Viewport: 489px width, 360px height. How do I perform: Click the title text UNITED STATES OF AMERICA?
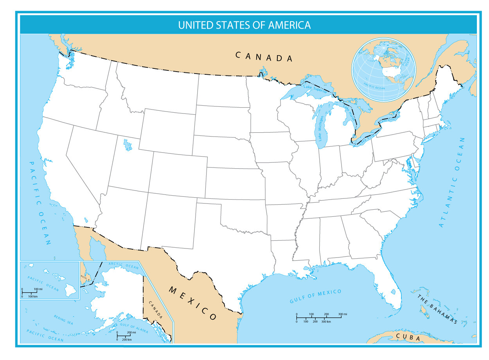[x=244, y=25]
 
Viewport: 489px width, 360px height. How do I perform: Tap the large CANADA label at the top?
[x=264, y=57]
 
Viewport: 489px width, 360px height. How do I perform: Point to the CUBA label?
[x=408, y=337]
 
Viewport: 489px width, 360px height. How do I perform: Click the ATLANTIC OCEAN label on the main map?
[x=453, y=182]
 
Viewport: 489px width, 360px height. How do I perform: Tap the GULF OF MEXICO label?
[x=315, y=297]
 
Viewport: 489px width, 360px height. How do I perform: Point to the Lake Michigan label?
[x=321, y=128]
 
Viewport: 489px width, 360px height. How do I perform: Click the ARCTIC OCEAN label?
[x=124, y=265]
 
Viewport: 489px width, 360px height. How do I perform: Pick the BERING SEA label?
[x=63, y=320]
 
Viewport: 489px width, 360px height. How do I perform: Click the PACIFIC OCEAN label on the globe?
[x=374, y=86]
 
